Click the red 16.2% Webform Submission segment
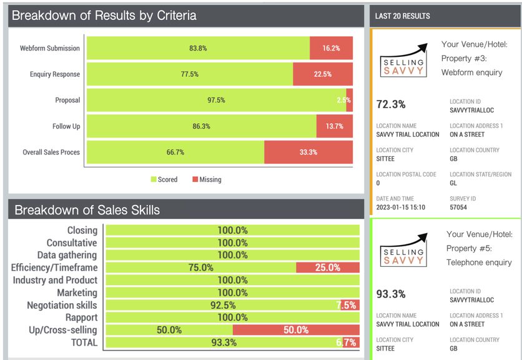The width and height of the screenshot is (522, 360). click(x=331, y=48)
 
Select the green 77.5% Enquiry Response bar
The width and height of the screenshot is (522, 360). click(x=190, y=74)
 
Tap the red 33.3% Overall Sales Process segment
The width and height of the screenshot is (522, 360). click(x=308, y=152)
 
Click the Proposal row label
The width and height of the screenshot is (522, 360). click(x=67, y=100)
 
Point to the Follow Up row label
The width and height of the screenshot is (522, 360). click(x=66, y=126)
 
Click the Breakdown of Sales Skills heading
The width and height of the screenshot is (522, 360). click(x=87, y=210)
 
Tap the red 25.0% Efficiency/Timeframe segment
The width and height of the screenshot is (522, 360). click(x=327, y=267)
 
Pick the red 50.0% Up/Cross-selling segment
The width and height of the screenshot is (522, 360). click(x=296, y=330)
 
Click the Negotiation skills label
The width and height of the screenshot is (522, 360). click(x=62, y=305)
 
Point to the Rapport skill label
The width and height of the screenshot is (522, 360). click(x=81, y=317)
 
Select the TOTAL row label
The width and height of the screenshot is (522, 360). click(x=84, y=342)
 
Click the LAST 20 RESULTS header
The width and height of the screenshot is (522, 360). click(x=402, y=16)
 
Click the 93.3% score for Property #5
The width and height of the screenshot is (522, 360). click(x=391, y=294)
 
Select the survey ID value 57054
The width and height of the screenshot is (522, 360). click(x=459, y=207)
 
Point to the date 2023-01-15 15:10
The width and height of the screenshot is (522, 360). click(x=400, y=207)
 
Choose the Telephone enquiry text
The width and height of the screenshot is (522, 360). click(x=479, y=262)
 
